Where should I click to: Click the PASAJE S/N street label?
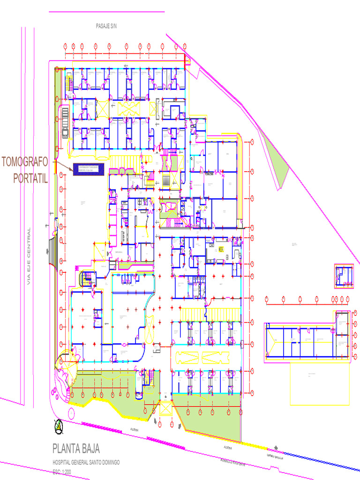(106, 26)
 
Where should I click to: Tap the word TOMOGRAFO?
(25, 162)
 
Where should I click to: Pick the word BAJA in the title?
(91, 449)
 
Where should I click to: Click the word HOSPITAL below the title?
(63, 463)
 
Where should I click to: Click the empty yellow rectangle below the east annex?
(319, 384)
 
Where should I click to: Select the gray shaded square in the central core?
(167, 181)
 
